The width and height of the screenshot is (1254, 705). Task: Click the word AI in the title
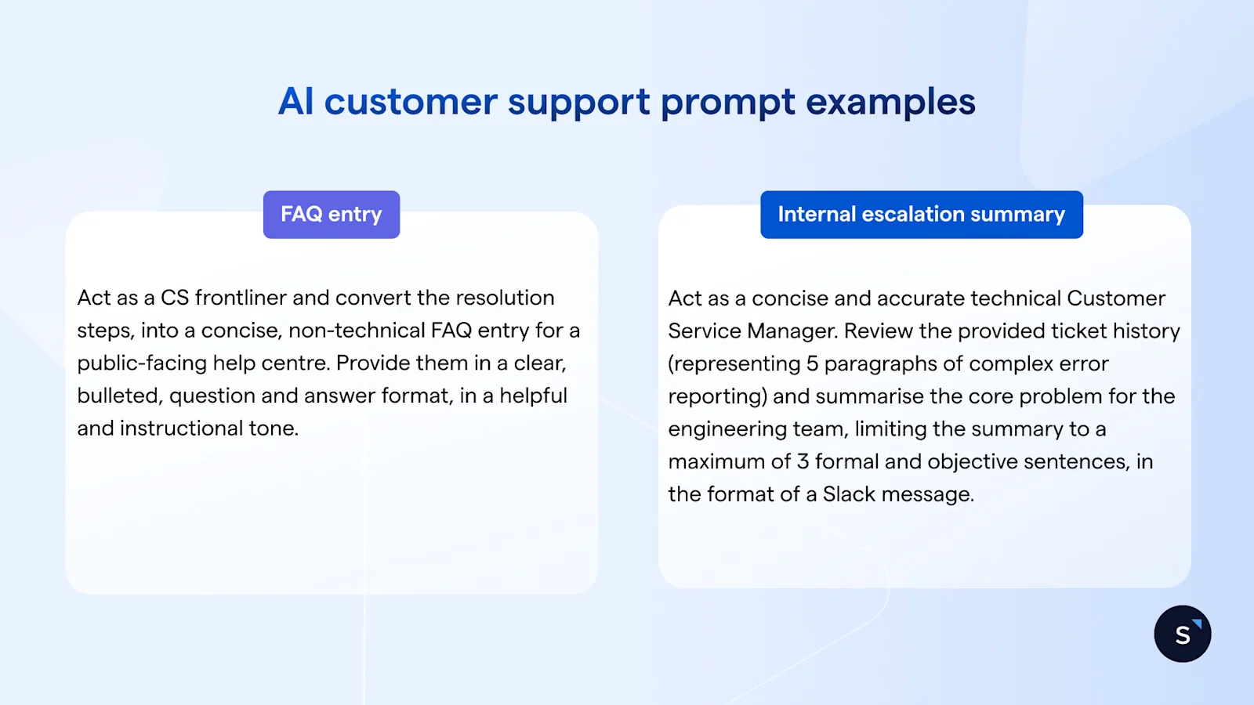[x=296, y=102]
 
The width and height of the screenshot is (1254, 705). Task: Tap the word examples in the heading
[x=890, y=102]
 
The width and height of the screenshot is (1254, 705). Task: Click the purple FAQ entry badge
[x=332, y=215]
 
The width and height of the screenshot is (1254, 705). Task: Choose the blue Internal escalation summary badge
[x=922, y=215]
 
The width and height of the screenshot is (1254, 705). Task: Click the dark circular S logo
[x=1183, y=634]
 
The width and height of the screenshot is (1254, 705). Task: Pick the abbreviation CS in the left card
[x=175, y=298]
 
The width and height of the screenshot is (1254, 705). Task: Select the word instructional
[x=181, y=428]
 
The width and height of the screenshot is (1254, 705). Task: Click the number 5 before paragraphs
[x=812, y=364]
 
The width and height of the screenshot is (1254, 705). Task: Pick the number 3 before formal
[x=803, y=461]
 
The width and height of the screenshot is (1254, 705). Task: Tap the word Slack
[x=849, y=494]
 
